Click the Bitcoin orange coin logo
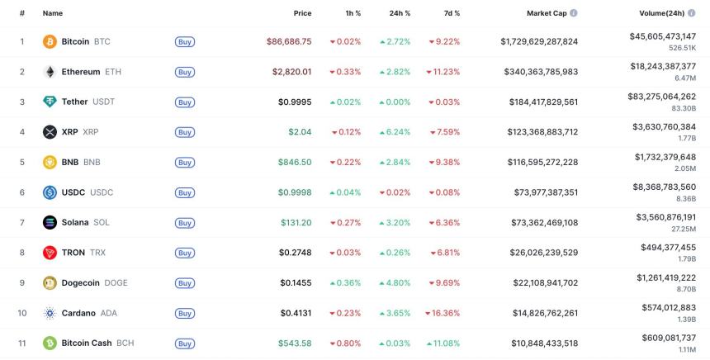click(50, 41)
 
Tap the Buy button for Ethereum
click(185, 72)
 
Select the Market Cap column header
click(547, 13)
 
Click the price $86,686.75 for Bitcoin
click(289, 41)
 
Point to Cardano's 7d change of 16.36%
click(443, 313)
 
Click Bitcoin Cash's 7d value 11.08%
click(443, 343)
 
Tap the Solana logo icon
click(50, 222)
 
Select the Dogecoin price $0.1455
click(295, 282)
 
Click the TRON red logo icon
click(50, 253)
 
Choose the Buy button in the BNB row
click(185, 163)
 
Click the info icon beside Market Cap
click(574, 13)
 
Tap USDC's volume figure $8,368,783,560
click(663, 187)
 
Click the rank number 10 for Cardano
click(22, 313)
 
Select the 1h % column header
click(353, 13)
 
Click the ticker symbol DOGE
click(116, 282)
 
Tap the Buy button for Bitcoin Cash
click(185, 343)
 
